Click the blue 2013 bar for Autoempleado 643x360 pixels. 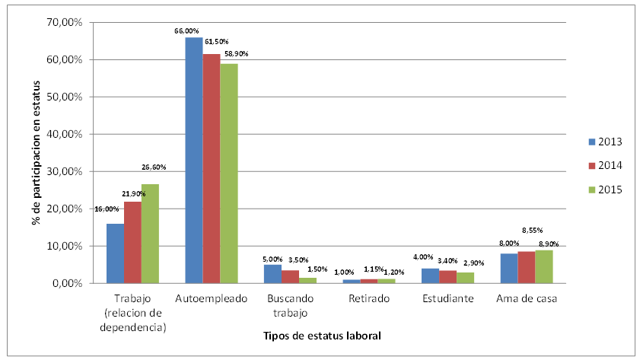[x=194, y=160]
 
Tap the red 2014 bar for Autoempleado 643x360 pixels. [x=211, y=168]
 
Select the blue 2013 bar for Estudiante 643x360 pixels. [x=431, y=276]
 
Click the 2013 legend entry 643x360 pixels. [x=605, y=142]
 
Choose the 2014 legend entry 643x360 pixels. [x=605, y=165]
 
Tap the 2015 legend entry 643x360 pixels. [x=605, y=190]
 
